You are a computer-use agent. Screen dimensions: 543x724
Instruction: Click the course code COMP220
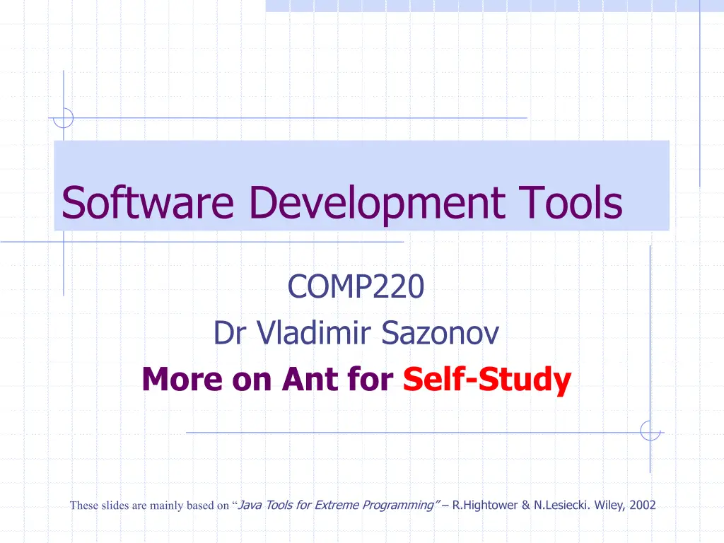(x=356, y=287)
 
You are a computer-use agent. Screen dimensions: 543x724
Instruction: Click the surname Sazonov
(x=440, y=333)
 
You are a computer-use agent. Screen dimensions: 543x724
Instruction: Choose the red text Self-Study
(x=487, y=380)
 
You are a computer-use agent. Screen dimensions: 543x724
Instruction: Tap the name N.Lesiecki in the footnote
(x=553, y=505)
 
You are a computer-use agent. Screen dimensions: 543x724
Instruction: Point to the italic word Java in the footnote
(x=251, y=505)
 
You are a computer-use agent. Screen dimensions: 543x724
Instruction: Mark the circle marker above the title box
(x=64, y=117)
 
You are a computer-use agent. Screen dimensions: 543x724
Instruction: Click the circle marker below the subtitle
(x=650, y=431)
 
